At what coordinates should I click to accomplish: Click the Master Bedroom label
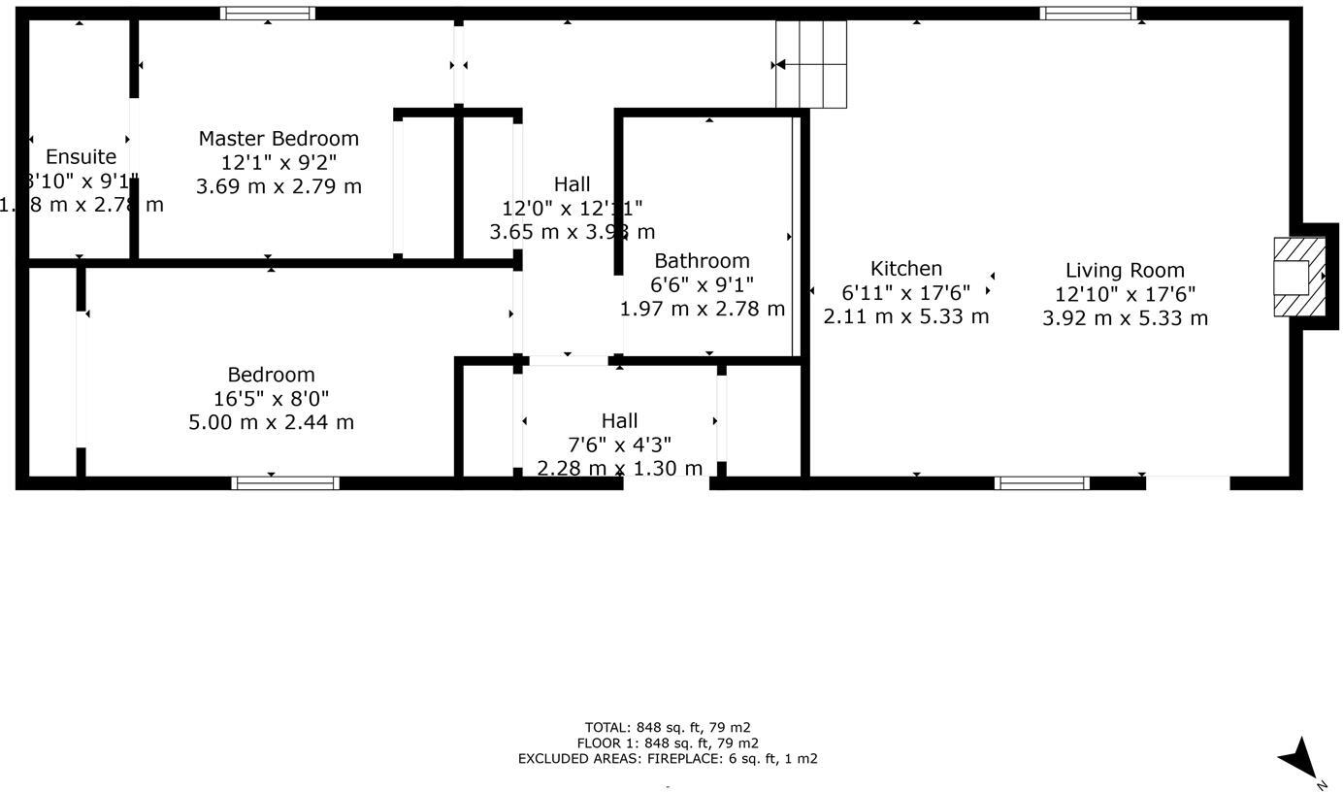tap(278, 139)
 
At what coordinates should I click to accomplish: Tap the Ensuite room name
tap(81, 157)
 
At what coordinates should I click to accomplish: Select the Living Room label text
tap(1125, 271)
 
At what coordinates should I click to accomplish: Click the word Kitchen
tap(905, 269)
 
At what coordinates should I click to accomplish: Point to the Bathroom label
tap(702, 261)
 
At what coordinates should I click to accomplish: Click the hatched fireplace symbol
tap(1298, 277)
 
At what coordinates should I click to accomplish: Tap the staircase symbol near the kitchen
tap(811, 65)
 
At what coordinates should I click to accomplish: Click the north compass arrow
tap(1299, 758)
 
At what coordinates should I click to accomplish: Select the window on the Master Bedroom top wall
tap(267, 14)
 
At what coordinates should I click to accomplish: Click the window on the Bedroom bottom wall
tap(285, 482)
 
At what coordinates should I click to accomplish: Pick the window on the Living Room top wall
tap(1088, 14)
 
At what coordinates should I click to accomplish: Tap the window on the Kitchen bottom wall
tap(1043, 482)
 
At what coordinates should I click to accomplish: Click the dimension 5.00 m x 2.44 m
tap(271, 422)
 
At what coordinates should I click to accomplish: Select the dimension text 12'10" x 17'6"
tap(1125, 294)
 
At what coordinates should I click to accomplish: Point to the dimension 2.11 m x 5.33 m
tap(905, 316)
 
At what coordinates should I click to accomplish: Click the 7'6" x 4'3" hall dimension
tap(619, 445)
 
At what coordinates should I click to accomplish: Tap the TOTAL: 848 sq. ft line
tap(668, 727)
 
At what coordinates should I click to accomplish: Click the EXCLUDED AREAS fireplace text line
tap(668, 759)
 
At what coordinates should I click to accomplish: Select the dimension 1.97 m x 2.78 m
tap(702, 309)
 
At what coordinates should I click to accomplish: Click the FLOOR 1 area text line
tap(668, 743)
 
